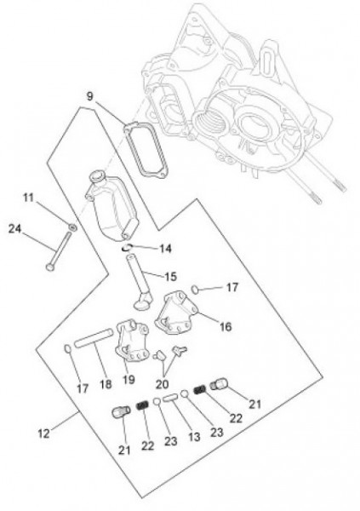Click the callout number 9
[90, 96]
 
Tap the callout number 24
[14, 229]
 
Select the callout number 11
[29, 198]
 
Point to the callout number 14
[165, 249]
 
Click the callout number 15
[170, 277]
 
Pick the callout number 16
[226, 326]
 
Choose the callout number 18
[106, 384]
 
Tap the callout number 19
[129, 379]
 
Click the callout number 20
[162, 384]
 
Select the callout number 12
[43, 433]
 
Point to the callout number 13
[194, 437]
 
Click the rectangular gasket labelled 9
[146, 151]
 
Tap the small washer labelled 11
[72, 227]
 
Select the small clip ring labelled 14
[126, 249]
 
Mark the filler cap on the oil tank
[96, 176]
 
